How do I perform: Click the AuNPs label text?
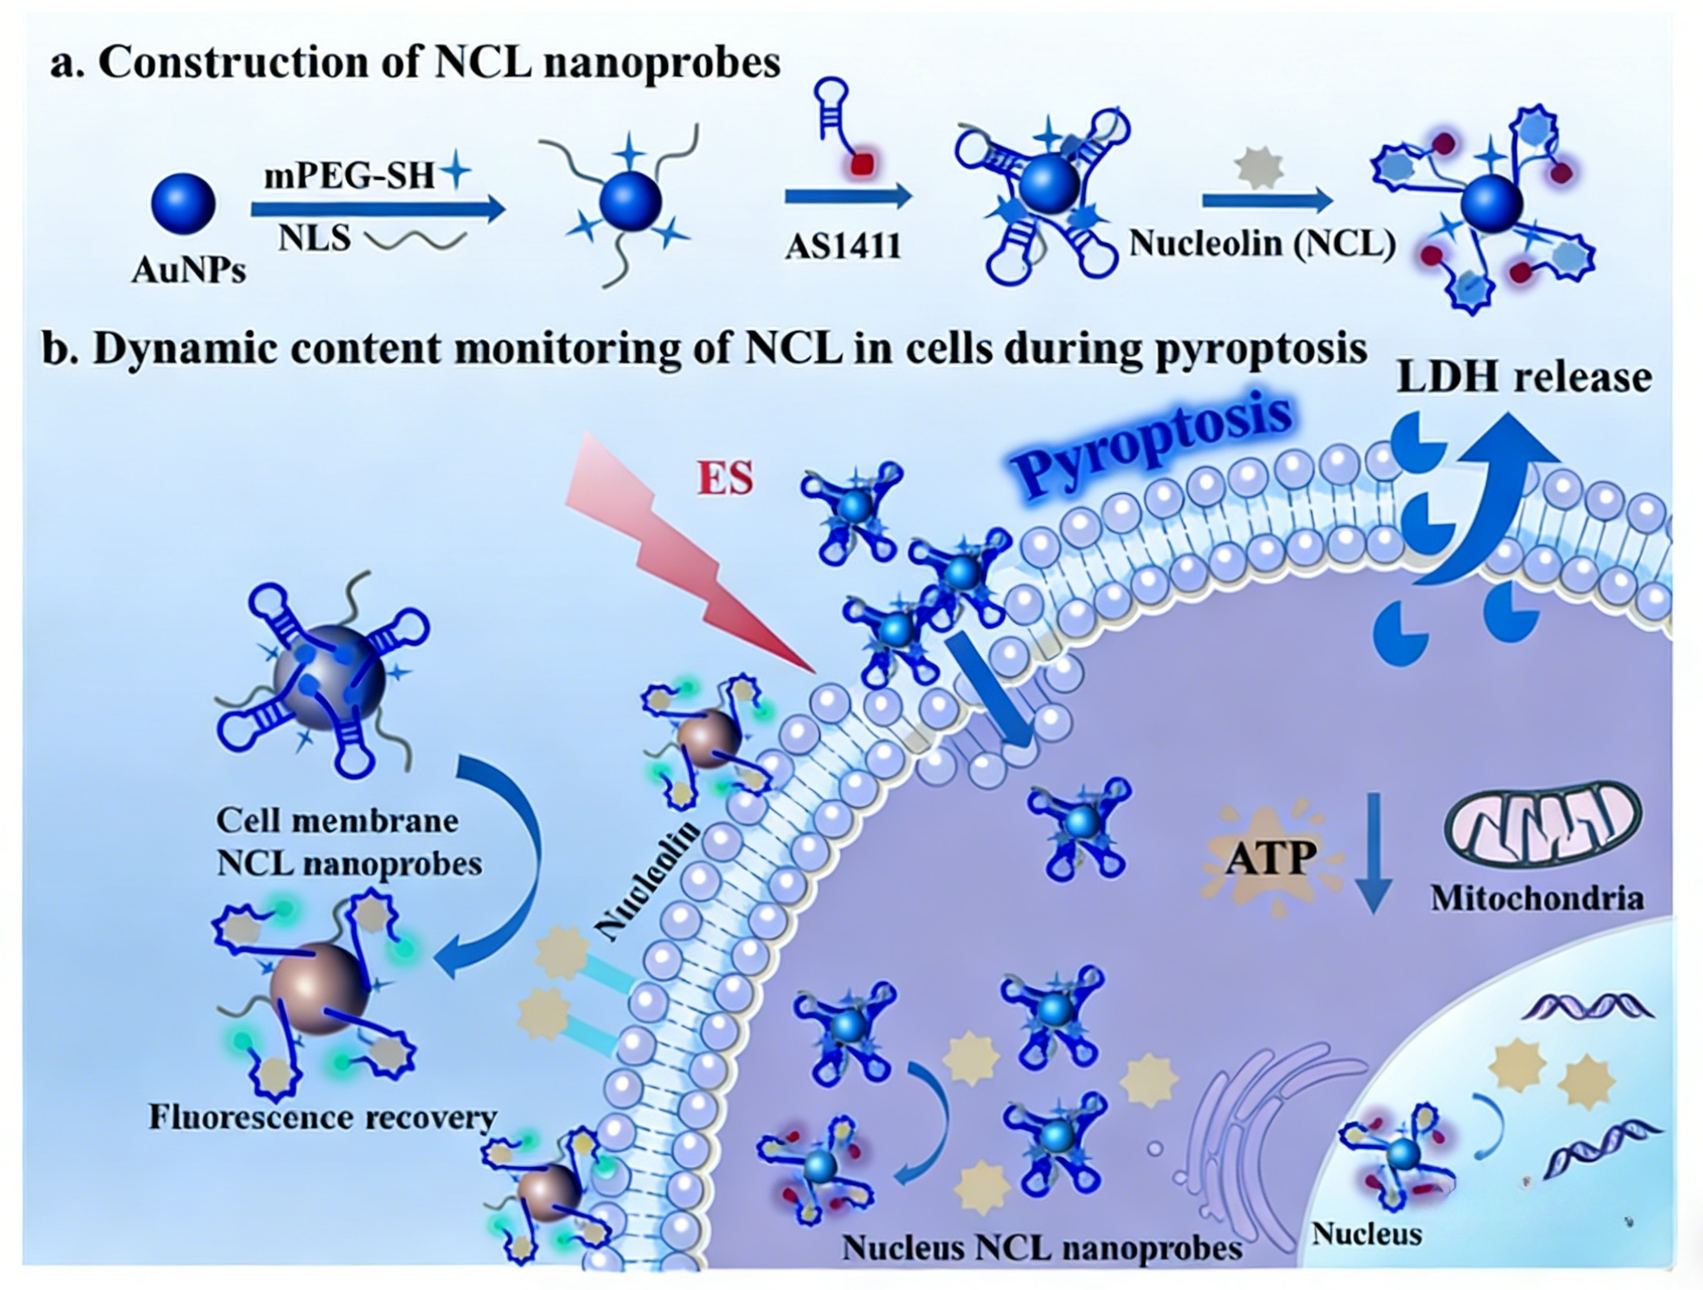(x=189, y=270)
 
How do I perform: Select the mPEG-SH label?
(x=349, y=176)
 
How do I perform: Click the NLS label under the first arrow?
(x=314, y=238)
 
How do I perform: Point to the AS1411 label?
(x=844, y=247)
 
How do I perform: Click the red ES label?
(x=725, y=478)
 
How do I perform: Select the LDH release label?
(x=1523, y=378)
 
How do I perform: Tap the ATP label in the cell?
(x=1271, y=858)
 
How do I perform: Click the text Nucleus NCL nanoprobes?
(x=1042, y=1247)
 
